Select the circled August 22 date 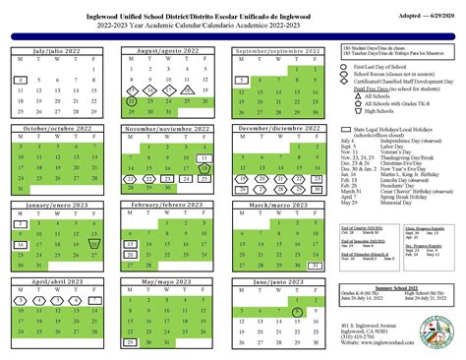[x=133, y=99]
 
